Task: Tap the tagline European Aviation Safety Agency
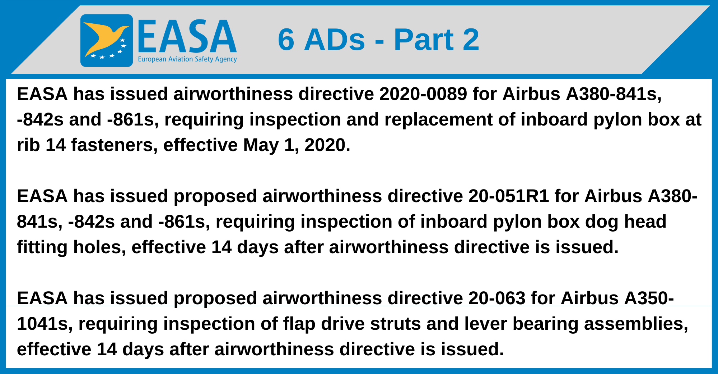point(187,59)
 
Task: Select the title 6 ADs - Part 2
point(378,40)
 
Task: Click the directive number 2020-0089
point(423,94)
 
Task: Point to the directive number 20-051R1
point(509,196)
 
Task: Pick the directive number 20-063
point(497,298)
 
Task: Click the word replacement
point(419,120)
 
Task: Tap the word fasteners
point(114,145)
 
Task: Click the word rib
point(28,145)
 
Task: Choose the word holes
point(99,247)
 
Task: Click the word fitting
point(42,247)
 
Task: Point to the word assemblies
point(636,324)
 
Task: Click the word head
point(645,222)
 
